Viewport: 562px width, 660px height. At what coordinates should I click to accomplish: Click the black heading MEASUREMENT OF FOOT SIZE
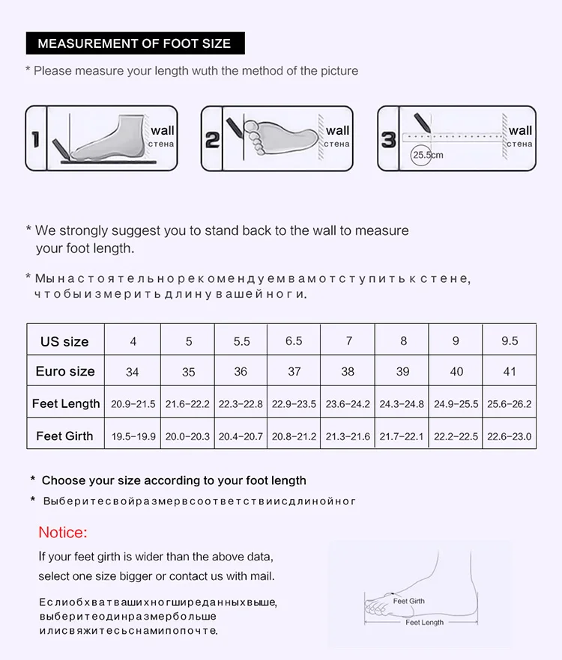[x=135, y=43]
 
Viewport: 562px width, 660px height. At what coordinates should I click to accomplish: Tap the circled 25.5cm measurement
[x=427, y=155]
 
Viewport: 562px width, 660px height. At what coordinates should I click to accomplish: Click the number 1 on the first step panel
[x=36, y=139]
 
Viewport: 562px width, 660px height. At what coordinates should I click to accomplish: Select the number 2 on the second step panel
[x=212, y=140]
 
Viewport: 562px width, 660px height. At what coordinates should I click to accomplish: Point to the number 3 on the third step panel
[x=388, y=140]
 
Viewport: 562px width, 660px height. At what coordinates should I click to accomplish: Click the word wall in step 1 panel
[x=163, y=130]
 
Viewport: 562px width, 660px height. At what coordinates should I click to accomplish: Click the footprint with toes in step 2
[x=280, y=137]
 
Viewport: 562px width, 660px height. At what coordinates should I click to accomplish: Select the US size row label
[x=64, y=341]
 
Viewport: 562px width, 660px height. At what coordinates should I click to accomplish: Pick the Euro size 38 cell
[x=348, y=371]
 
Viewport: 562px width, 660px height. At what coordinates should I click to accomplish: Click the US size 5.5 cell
[x=241, y=341]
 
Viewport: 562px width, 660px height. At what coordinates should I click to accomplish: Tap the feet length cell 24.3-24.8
[x=402, y=404]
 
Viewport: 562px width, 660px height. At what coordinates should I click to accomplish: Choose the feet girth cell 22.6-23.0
[x=510, y=436]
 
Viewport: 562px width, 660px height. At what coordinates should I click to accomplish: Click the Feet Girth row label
[x=64, y=436]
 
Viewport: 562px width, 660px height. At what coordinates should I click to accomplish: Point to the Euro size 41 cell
[x=510, y=371]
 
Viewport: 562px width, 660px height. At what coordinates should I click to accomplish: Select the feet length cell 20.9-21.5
[x=133, y=404]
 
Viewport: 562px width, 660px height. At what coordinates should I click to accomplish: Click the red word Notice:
[x=63, y=533]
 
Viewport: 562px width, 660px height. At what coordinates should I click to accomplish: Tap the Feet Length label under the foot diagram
[x=425, y=622]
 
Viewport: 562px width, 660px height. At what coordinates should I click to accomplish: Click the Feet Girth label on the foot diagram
[x=409, y=601]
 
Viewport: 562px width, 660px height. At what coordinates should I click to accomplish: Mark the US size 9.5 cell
[x=510, y=341]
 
